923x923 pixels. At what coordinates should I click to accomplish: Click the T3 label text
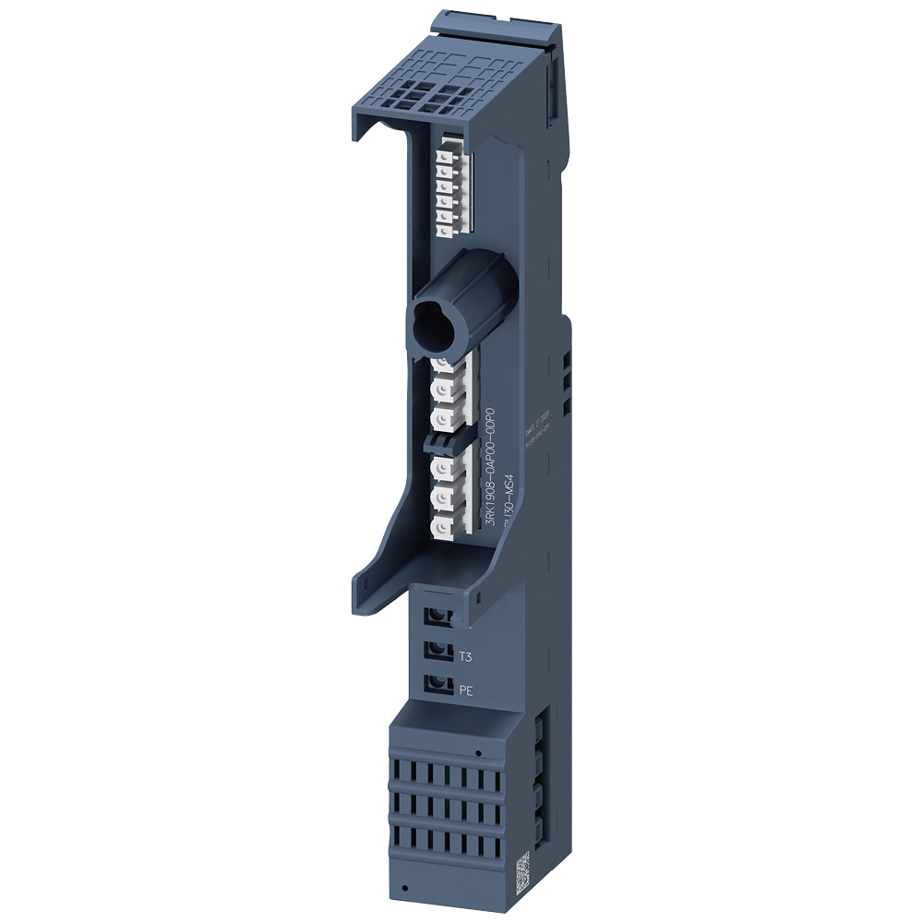pos(465,656)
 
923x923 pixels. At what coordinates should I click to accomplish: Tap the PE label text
pos(466,689)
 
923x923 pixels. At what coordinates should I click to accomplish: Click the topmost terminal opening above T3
pos(438,617)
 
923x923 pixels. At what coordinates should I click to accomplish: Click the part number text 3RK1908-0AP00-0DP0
pos(491,471)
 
